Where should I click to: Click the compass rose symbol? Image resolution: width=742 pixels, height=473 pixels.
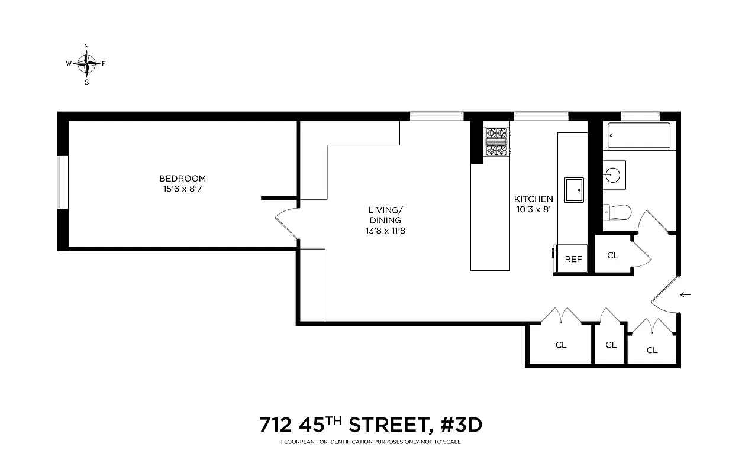pos(87,63)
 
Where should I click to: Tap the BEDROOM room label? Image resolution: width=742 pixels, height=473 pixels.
pos(182,179)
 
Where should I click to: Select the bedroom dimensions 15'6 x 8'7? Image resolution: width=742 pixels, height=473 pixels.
pos(182,189)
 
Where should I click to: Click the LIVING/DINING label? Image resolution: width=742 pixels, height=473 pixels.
pos(385,215)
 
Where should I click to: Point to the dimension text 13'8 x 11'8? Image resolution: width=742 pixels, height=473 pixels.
pos(385,231)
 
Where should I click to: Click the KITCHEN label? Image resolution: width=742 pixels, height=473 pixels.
pos(533,199)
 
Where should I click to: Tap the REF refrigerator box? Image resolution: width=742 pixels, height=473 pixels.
pos(572,259)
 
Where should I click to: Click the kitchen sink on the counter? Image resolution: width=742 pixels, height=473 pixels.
pos(573,190)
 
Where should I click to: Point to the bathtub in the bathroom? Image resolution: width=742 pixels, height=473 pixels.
pos(638,135)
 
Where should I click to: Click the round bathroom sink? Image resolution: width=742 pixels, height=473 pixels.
pos(612,175)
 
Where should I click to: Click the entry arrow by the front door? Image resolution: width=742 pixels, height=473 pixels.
pos(686,294)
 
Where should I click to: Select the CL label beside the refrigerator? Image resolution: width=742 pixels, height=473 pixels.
pos(612,255)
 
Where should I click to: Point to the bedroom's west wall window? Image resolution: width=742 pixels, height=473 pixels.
pos(62,182)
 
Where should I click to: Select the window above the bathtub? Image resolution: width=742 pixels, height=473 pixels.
pos(640,116)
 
